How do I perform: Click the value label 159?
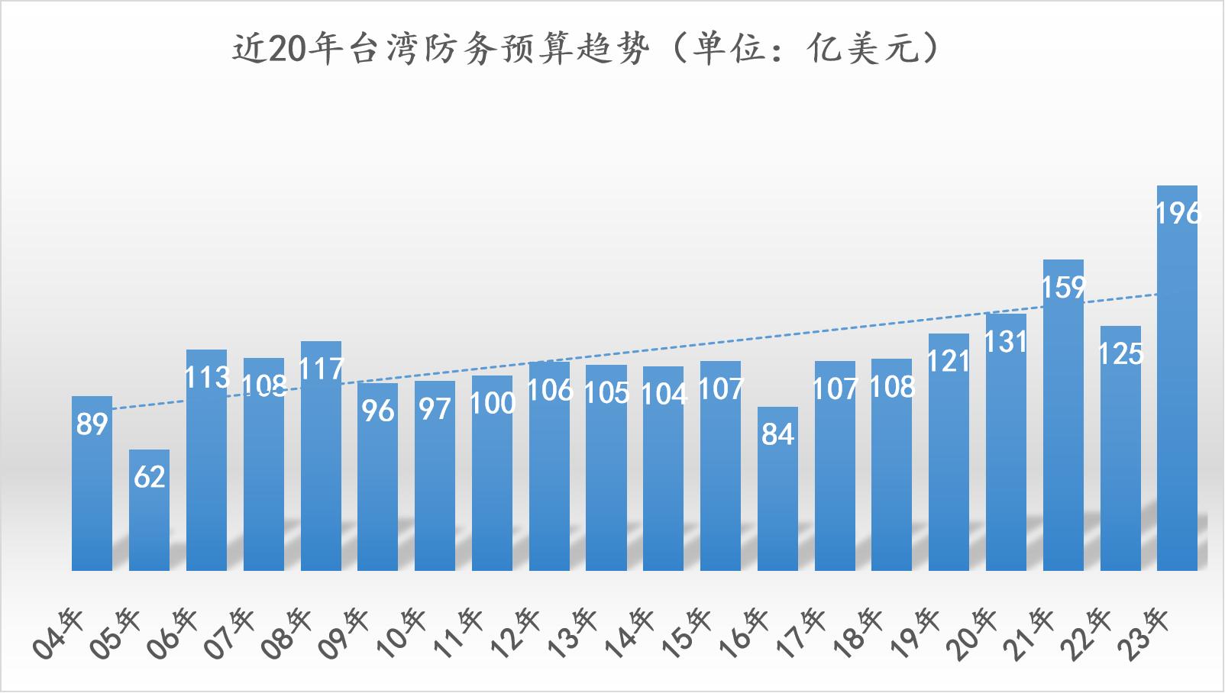tap(1063, 288)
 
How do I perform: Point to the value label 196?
tap(1178, 214)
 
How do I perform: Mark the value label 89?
tap(92, 424)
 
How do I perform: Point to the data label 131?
tap(1006, 342)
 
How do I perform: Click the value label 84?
tap(777, 434)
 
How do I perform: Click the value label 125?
tap(1120, 354)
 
